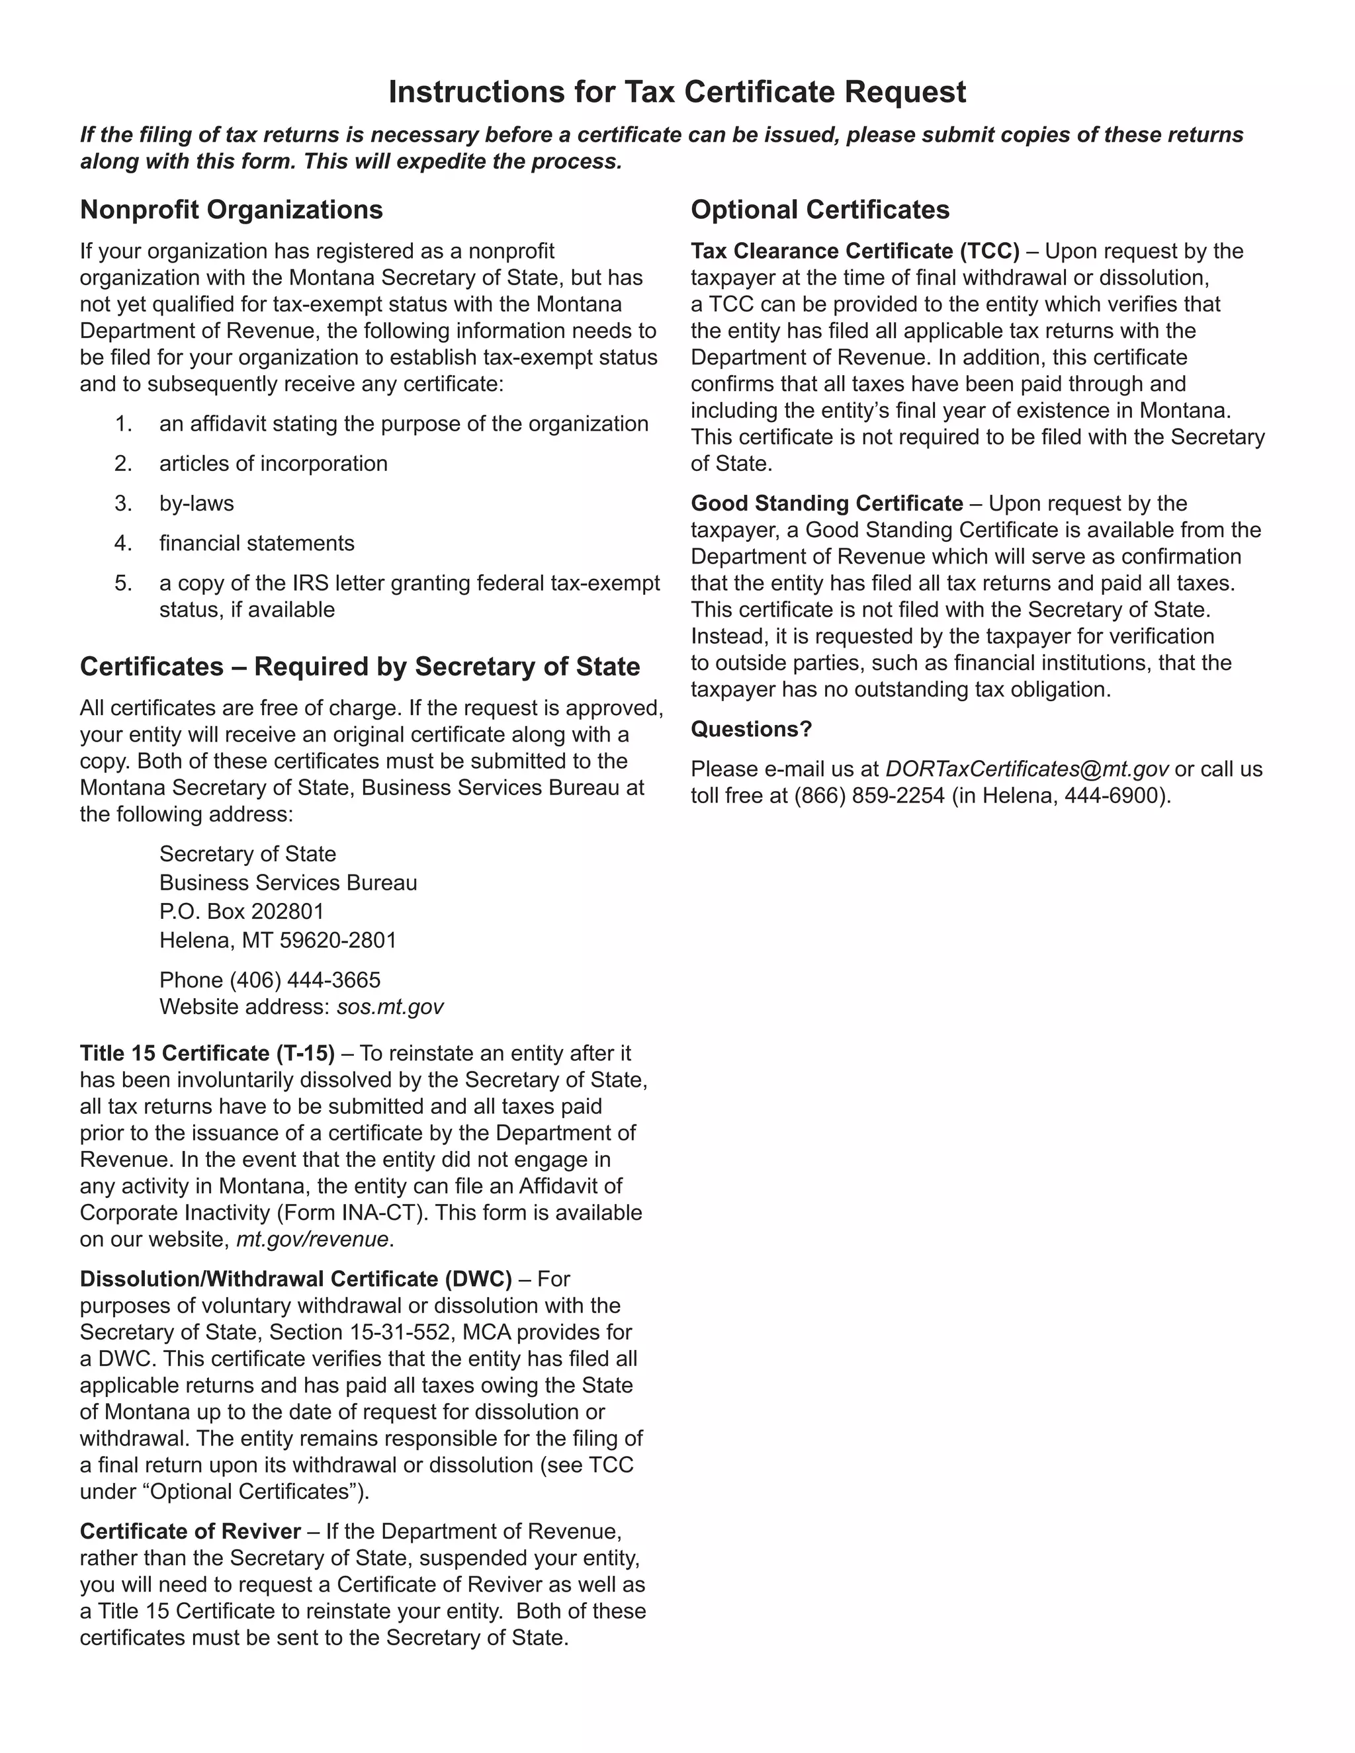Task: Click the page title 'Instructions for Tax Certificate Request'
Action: (x=677, y=93)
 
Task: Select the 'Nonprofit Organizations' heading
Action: (x=231, y=210)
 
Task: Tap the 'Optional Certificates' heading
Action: (x=820, y=210)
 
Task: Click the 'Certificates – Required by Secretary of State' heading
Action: (x=360, y=666)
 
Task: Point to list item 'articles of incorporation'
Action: (x=273, y=463)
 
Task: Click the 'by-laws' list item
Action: (x=197, y=503)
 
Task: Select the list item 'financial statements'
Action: (x=257, y=543)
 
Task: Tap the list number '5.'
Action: (x=123, y=583)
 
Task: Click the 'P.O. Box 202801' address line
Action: (x=241, y=911)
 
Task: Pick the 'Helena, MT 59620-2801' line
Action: (x=278, y=940)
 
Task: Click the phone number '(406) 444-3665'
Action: (x=305, y=980)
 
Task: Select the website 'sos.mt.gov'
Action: (x=390, y=1007)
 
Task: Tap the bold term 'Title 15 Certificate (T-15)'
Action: (x=207, y=1053)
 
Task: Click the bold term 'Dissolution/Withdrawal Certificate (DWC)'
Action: (x=295, y=1279)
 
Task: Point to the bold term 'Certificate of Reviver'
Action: (x=191, y=1531)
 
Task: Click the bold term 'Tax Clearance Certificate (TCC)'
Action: (x=855, y=251)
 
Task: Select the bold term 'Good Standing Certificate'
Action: (x=827, y=503)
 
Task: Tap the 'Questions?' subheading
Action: (x=752, y=729)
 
